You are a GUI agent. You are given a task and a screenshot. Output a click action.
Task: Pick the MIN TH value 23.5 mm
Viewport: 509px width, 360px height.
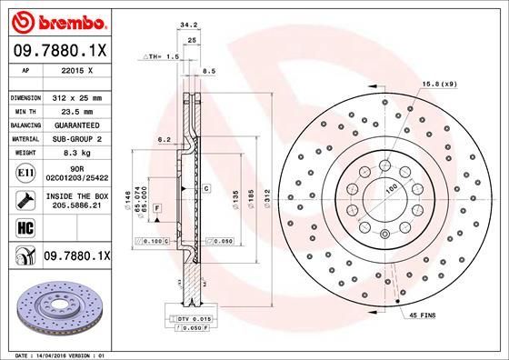click(x=77, y=110)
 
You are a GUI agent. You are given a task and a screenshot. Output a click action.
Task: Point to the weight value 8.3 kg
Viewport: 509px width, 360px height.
click(x=77, y=153)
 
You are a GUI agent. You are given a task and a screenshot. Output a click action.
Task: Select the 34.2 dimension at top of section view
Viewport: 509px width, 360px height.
click(x=189, y=27)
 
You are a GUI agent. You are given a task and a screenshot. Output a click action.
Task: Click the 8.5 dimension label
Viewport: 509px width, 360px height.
click(x=208, y=70)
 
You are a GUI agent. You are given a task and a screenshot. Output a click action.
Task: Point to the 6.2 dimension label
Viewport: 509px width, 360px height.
click(x=165, y=139)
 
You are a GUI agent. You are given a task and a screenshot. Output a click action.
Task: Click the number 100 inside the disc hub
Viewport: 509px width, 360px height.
click(x=393, y=188)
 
